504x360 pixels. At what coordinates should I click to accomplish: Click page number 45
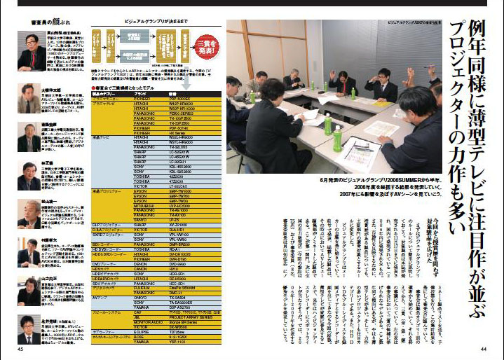pyautogui.click(x=21, y=349)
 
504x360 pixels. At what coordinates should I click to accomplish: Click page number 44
pyautogui.click(x=484, y=349)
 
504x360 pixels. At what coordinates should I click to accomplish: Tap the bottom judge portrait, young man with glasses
pyautogui.click(x=29, y=328)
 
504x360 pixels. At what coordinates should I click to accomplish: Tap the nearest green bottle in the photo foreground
pyautogui.click(x=328, y=124)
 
